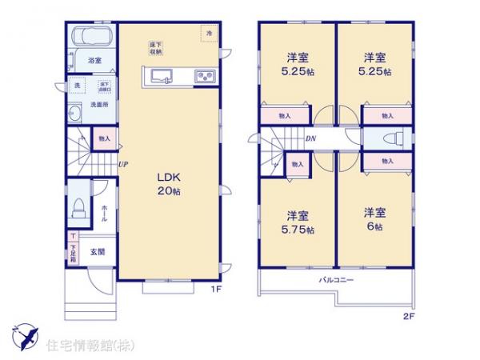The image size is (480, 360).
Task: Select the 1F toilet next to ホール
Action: [x=78, y=208]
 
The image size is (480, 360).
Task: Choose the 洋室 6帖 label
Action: [x=375, y=219]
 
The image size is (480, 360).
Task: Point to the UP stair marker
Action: [x=123, y=166]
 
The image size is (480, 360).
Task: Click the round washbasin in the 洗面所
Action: [x=77, y=113]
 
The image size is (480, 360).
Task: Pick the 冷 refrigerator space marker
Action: [x=210, y=34]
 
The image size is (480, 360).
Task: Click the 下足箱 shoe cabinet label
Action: [x=72, y=254]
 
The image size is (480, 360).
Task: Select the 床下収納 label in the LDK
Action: [x=156, y=48]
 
